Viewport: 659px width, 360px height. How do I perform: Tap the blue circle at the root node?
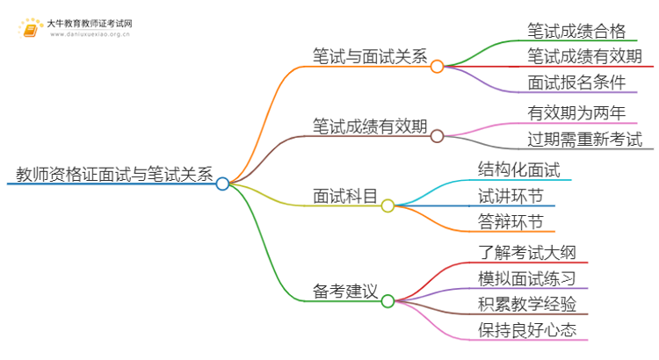tap(222, 184)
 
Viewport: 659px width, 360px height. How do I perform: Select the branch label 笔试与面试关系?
tap(369, 57)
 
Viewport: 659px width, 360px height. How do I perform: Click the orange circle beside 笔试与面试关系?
tap(437, 66)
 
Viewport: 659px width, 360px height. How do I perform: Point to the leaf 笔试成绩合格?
tap(576, 32)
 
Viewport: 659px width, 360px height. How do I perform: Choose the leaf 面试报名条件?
tap(576, 83)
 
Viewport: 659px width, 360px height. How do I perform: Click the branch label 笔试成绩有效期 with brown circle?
tap(369, 126)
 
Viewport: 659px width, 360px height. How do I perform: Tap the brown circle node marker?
tap(437, 135)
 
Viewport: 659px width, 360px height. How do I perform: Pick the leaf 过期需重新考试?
tap(584, 139)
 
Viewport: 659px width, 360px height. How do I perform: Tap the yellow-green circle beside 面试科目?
tap(387, 205)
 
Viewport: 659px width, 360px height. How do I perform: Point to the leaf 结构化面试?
tap(519, 169)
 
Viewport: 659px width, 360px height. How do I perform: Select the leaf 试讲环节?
tap(510, 195)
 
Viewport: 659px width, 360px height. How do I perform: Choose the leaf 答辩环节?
tap(510, 221)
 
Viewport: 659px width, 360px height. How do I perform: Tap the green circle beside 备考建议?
tap(387, 299)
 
